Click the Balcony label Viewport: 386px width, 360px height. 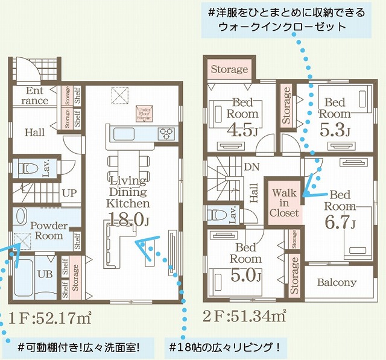(x=337, y=282)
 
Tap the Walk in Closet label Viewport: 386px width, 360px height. (x=284, y=203)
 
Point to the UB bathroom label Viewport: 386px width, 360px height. (x=44, y=274)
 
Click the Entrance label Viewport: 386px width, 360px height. (x=35, y=96)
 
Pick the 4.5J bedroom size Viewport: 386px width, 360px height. (x=244, y=130)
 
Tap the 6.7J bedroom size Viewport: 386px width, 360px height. (x=340, y=223)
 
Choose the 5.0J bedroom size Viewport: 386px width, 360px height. (x=246, y=277)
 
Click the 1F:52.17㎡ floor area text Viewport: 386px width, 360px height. (x=50, y=315)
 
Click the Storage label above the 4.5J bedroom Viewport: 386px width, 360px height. (x=229, y=69)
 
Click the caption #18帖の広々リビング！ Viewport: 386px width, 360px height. (x=225, y=347)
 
